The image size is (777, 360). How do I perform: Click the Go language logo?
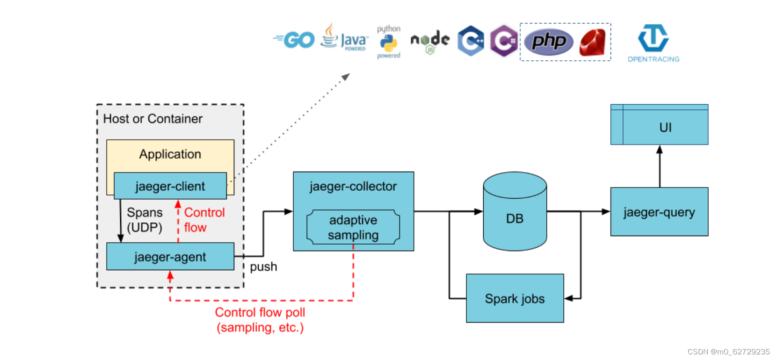(295, 40)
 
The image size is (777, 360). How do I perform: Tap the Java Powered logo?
(344, 37)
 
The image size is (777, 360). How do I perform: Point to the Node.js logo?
(430, 41)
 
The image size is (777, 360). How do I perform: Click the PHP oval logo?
(549, 42)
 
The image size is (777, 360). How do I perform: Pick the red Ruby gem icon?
(592, 43)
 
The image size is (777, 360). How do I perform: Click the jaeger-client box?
(170, 186)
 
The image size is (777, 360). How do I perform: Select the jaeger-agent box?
(170, 257)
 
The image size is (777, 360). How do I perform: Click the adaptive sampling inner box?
(353, 227)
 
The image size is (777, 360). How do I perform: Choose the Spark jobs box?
(515, 298)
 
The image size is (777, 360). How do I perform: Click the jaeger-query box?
(659, 212)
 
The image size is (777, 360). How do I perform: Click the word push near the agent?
(263, 266)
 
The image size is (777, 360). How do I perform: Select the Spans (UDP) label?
(145, 220)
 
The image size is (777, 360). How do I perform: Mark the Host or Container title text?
(152, 119)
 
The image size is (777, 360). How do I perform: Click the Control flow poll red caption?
(260, 320)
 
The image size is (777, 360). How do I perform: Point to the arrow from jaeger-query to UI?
(660, 166)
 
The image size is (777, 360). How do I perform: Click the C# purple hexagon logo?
(503, 41)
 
